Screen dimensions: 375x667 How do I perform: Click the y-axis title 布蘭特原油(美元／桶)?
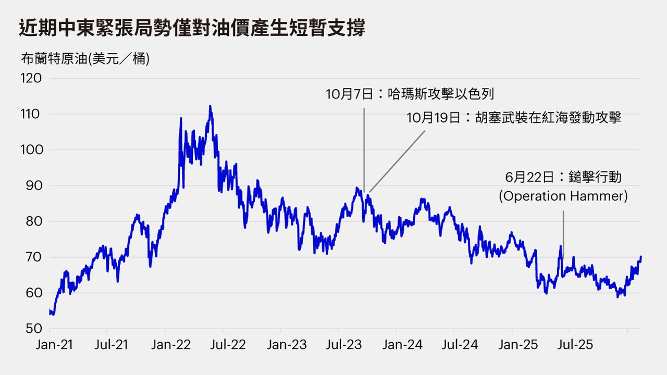click(x=85, y=59)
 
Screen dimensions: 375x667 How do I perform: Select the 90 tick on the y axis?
click(x=32, y=186)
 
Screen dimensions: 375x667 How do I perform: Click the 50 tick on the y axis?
click(x=32, y=329)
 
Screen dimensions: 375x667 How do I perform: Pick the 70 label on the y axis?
click(x=32, y=257)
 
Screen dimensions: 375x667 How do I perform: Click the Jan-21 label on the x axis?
click(x=50, y=345)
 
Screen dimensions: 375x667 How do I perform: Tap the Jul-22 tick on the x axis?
click(x=223, y=345)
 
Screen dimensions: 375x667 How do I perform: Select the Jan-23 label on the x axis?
click(x=280, y=345)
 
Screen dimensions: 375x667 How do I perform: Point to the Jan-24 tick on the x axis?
click(x=396, y=345)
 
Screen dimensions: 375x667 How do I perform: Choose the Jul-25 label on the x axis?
click(x=569, y=345)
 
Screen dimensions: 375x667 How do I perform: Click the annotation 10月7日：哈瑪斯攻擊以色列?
click(x=410, y=94)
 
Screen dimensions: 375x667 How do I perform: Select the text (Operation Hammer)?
click(x=563, y=196)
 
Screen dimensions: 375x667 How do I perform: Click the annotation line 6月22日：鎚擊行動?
click(x=563, y=178)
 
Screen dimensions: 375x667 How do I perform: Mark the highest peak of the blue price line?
click(x=210, y=106)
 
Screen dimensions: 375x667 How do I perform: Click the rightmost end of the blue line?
click(x=640, y=257)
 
